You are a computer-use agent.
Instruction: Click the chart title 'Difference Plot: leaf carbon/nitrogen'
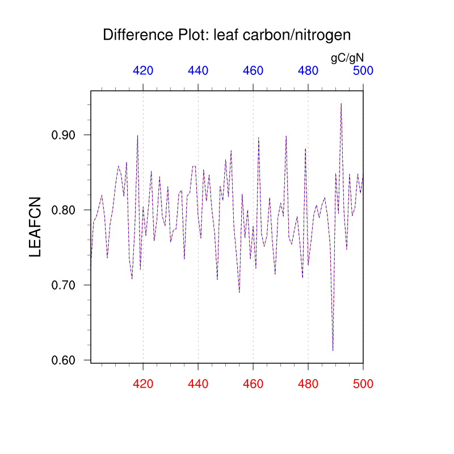tap(227, 35)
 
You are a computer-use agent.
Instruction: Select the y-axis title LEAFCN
tap(35, 227)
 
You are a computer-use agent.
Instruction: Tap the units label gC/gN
tap(347, 57)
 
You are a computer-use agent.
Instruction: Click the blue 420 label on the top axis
tap(143, 71)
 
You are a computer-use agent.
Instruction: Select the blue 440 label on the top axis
tap(198, 71)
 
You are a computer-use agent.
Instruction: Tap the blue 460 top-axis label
tap(253, 71)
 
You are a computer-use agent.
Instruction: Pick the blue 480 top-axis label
tap(308, 71)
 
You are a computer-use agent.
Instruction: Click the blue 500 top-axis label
tap(363, 71)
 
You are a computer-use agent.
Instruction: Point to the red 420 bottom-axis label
tap(143, 384)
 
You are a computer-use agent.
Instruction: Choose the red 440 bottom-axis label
tap(198, 384)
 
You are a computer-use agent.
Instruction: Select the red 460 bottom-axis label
tap(253, 384)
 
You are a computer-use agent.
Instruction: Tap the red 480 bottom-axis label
tap(308, 384)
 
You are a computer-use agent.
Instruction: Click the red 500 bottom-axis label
tap(363, 384)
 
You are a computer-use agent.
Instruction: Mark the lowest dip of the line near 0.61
tap(333, 350)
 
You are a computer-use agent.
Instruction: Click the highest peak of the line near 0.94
tap(341, 104)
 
